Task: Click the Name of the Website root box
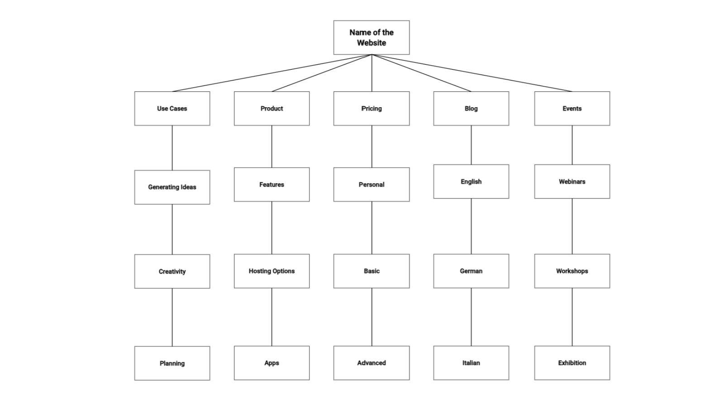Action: pos(371,38)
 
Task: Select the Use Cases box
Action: pos(172,109)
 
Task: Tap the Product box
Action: pos(271,109)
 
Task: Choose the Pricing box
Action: pos(371,109)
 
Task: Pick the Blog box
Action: pos(471,109)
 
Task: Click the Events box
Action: pos(572,109)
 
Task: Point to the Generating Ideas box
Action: pos(172,187)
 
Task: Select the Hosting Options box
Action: pos(271,271)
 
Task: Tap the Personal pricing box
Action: pos(371,185)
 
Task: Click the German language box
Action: pos(471,271)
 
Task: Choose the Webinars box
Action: pos(572,181)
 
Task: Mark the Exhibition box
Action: pos(572,363)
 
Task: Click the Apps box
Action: pos(271,363)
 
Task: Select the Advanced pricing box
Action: pos(371,363)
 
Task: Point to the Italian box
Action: pos(471,363)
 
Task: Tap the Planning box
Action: pos(172,363)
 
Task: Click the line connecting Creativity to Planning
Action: pos(172,317)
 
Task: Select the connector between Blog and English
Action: pos(471,145)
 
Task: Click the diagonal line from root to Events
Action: pos(472,73)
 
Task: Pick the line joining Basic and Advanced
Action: pos(372,317)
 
